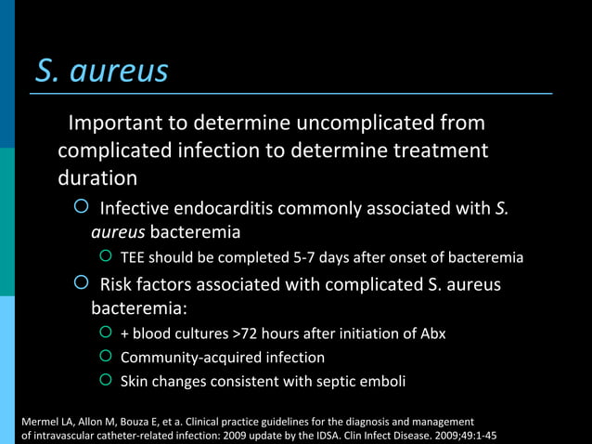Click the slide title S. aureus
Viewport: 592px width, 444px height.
point(102,71)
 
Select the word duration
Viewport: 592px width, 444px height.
point(97,177)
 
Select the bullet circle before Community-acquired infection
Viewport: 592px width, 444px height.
point(105,357)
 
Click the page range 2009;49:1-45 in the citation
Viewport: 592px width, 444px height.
point(456,436)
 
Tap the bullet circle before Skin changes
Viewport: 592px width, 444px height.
point(105,381)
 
